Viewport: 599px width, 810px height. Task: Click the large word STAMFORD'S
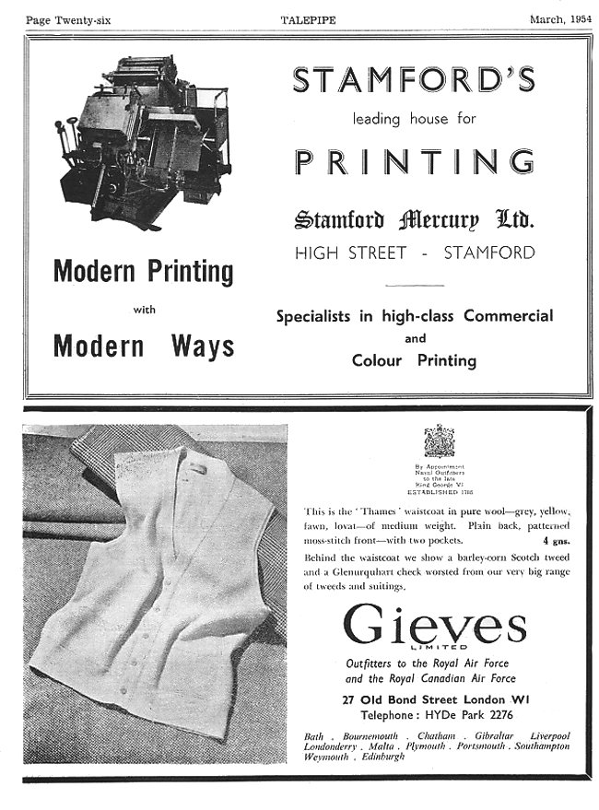coord(414,81)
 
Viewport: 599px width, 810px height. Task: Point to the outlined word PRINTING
coord(415,162)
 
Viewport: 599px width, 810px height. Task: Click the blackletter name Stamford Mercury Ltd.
coord(414,221)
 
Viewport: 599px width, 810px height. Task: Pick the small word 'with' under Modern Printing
coord(144,310)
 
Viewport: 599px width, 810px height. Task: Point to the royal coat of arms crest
coord(440,441)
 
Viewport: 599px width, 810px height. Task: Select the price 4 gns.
coord(557,542)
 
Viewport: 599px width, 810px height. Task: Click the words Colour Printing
coord(414,360)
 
